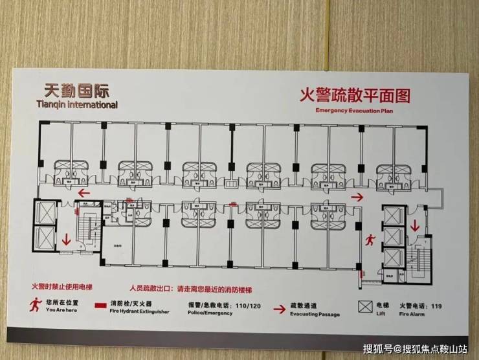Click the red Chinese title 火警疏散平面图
354,95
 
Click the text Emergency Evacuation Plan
354,111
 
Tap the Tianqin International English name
77,103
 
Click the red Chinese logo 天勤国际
77,89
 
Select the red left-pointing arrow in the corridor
82,192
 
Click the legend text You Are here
61,309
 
